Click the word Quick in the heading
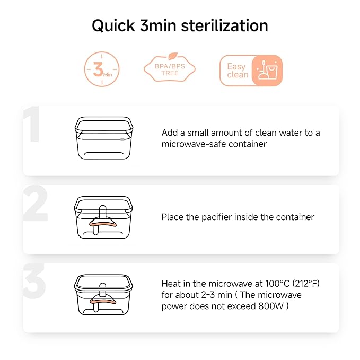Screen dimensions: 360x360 (113, 25)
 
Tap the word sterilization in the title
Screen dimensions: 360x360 (225, 25)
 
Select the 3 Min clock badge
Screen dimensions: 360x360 (102, 69)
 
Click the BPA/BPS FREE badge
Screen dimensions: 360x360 (170, 69)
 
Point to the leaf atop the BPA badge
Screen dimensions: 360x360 (173, 56)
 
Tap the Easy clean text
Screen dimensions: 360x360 (238, 71)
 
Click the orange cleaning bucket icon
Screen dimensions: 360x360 (267, 71)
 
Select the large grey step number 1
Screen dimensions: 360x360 (32, 124)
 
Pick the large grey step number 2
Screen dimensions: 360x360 (36, 203)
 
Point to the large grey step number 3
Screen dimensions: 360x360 (34, 281)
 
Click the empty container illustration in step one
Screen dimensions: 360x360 (104, 138)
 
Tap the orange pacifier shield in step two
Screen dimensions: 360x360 (103, 223)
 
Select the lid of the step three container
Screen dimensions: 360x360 (103, 283)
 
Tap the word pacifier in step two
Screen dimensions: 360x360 (216, 217)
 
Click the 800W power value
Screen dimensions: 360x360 (271, 306)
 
